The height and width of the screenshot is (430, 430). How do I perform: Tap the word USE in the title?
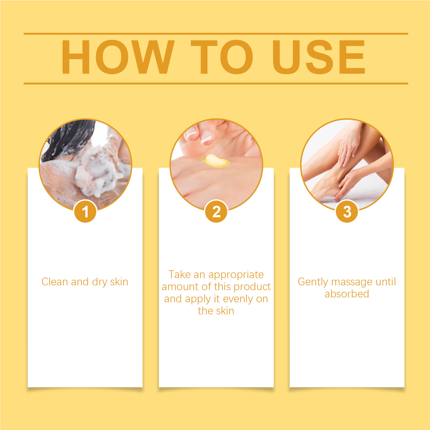[x=319, y=57]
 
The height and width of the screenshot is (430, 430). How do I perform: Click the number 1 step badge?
[x=85, y=211]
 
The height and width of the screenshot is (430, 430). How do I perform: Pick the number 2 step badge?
[x=216, y=211]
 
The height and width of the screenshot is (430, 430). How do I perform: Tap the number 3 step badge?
[x=347, y=211]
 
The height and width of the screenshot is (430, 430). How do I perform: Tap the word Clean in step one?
[x=55, y=282]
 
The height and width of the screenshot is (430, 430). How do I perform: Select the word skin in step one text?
[x=119, y=282]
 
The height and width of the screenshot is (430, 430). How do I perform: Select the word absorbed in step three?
[x=347, y=294]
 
